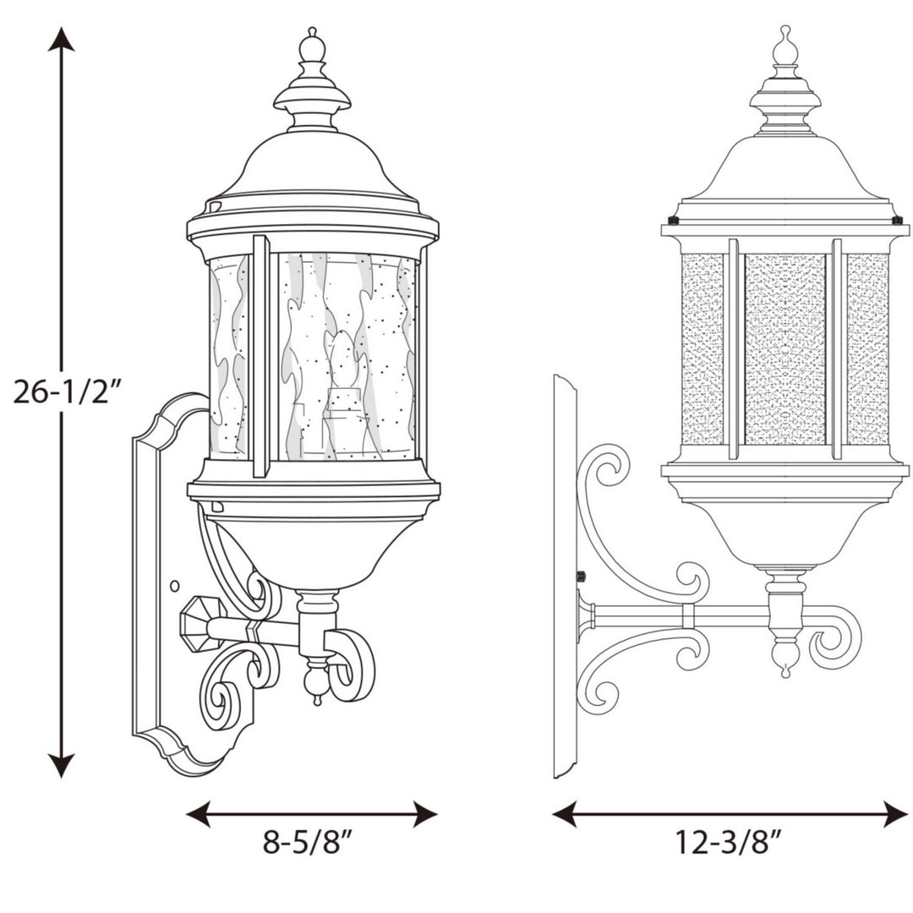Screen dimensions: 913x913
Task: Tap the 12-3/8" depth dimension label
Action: [x=728, y=842]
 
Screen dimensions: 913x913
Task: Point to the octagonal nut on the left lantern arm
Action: [x=199, y=623]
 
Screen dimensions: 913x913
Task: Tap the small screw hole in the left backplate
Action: [x=174, y=585]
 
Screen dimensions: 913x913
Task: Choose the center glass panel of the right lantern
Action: [x=785, y=348]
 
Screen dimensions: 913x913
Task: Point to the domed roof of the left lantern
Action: [x=313, y=169]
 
